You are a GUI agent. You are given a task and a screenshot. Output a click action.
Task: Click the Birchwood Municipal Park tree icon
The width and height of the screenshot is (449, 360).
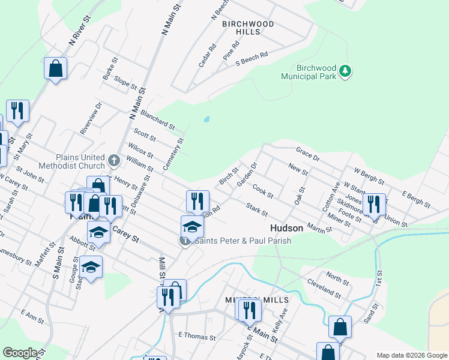click(345, 71)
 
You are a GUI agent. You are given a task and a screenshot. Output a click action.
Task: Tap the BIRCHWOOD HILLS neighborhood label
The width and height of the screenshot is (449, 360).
click(248, 28)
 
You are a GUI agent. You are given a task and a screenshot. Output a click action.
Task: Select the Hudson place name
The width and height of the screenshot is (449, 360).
click(286, 228)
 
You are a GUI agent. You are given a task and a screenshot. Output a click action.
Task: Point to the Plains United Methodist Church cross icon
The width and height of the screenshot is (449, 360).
click(115, 160)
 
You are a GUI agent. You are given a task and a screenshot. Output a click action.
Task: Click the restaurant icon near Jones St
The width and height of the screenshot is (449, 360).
click(374, 204)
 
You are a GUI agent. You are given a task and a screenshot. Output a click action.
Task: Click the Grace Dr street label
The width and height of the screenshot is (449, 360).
click(308, 154)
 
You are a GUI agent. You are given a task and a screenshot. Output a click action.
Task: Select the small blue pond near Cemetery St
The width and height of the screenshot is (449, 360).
click(207, 119)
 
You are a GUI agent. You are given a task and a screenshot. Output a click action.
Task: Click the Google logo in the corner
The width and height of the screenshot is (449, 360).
click(19, 353)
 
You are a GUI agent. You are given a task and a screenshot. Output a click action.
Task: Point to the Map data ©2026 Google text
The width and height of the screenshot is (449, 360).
click(412, 355)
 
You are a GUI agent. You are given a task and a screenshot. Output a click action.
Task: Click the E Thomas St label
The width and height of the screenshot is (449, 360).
click(197, 337)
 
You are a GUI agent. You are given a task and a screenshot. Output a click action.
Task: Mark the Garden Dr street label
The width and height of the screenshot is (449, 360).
click(247, 173)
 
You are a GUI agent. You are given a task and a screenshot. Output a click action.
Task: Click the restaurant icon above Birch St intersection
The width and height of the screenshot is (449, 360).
click(197, 201)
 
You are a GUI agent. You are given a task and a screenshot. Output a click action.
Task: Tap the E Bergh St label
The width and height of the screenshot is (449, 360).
click(416, 200)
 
